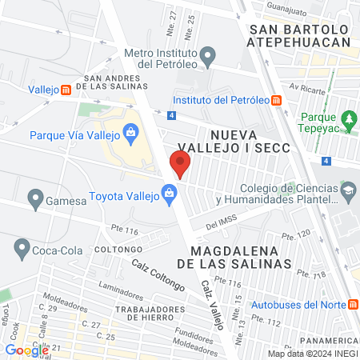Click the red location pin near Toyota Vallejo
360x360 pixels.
pyautogui.click(x=180, y=165)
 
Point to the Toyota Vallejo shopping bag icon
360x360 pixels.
pyautogui.click(x=169, y=193)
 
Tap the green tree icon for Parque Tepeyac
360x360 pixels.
pyautogui.click(x=349, y=121)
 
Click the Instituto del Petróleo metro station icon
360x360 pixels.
pyautogui.click(x=276, y=100)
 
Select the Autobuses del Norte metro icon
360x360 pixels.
pyautogui.click(x=350, y=304)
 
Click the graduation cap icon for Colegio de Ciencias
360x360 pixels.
pyautogui.click(x=348, y=190)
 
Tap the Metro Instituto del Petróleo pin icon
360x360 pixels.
pyautogui.click(x=208, y=57)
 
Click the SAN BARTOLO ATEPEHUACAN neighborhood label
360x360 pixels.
pyautogui.click(x=300, y=36)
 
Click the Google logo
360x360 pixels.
pyautogui.click(x=26, y=350)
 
